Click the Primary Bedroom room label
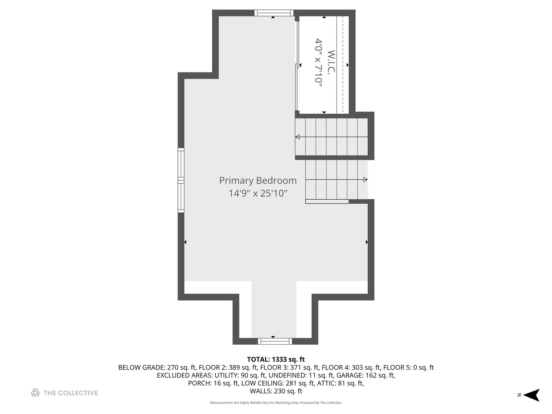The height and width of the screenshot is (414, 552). coord(258,181)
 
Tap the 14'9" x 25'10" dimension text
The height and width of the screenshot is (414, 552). coord(258,193)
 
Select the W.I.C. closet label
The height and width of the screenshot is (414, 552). coord(331,62)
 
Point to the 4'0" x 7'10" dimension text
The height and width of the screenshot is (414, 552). coord(319,60)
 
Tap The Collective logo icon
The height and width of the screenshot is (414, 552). coord(35,393)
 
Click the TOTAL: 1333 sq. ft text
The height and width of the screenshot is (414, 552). coord(276,360)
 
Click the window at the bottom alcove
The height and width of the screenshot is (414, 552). coord(274,341)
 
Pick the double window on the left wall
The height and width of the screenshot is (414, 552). coord(181,180)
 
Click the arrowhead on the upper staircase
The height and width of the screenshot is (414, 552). coord(297,137)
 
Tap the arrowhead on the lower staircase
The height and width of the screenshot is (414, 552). coord(365,180)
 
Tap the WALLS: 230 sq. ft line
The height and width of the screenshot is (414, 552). coord(276,391)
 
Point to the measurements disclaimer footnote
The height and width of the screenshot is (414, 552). coord(276,403)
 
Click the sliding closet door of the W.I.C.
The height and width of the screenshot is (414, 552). coord(297,65)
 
